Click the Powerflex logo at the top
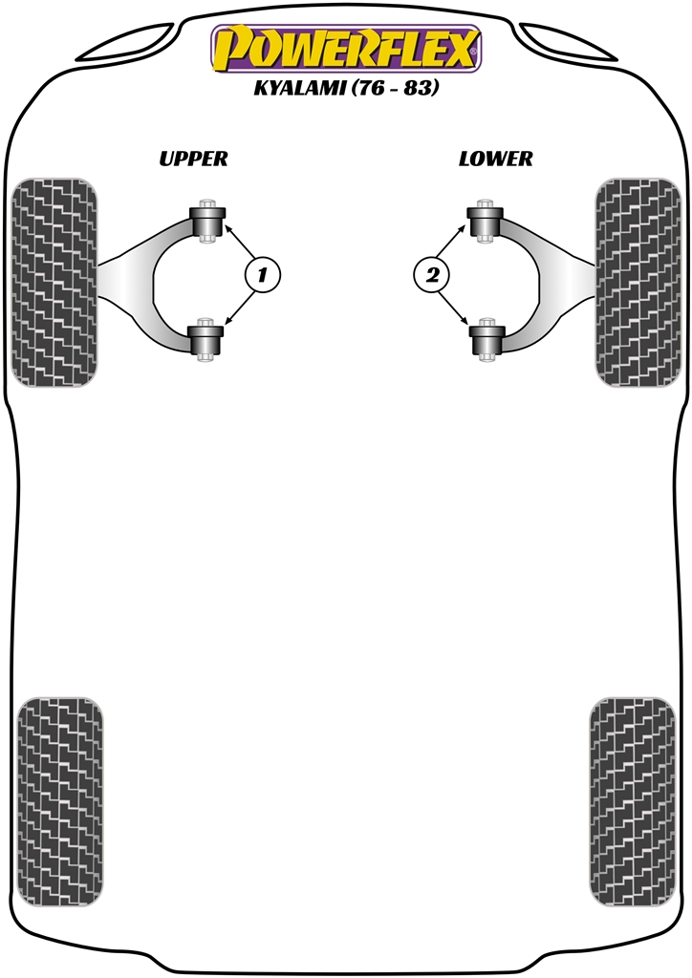[x=346, y=50]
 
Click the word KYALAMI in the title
[x=301, y=88]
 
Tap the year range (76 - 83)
[x=396, y=88]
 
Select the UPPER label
[x=193, y=159]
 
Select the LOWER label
[x=495, y=159]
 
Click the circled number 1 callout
[x=262, y=274]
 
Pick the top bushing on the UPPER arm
[x=205, y=222]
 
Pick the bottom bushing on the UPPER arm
[x=205, y=340]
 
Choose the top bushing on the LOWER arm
[x=487, y=222]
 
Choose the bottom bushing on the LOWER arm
[x=487, y=340]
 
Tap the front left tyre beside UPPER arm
[x=54, y=282]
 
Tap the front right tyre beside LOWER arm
[x=638, y=282]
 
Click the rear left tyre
[x=60, y=802]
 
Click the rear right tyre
[x=632, y=802]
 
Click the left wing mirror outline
[x=127, y=45]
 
